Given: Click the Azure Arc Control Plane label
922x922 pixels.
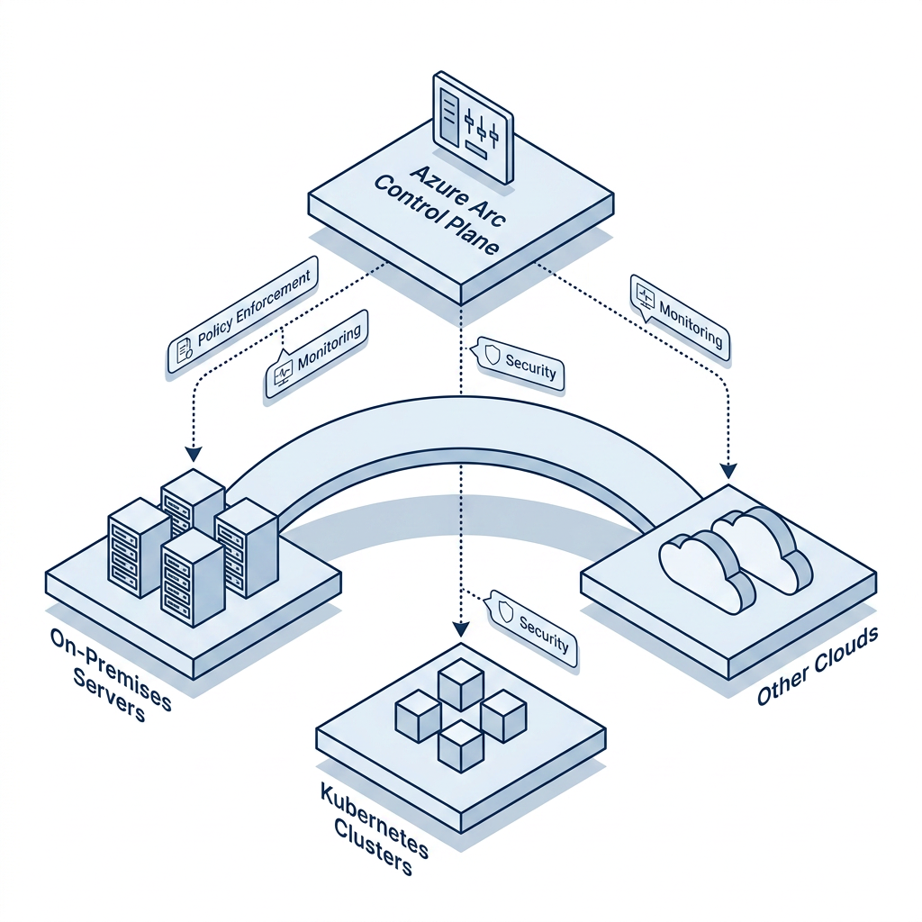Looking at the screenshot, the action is click(439, 209).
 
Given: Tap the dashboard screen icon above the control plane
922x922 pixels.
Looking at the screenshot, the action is click(473, 128).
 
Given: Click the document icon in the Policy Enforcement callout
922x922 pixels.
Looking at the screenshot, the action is click(185, 350).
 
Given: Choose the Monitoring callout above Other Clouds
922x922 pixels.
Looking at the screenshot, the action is click(680, 317).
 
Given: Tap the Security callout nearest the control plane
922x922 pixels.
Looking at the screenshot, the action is click(520, 364).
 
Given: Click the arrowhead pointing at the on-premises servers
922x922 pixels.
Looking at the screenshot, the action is click(194, 454).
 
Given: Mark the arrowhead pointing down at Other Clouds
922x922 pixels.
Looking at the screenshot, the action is click(728, 470).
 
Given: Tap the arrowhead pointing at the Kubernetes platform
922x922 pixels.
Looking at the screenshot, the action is click(461, 629).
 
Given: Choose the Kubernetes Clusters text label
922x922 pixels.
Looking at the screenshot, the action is click(375, 829).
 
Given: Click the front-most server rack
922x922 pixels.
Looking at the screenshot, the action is click(193, 577).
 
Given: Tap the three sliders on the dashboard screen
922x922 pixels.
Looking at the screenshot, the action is click(481, 126).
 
